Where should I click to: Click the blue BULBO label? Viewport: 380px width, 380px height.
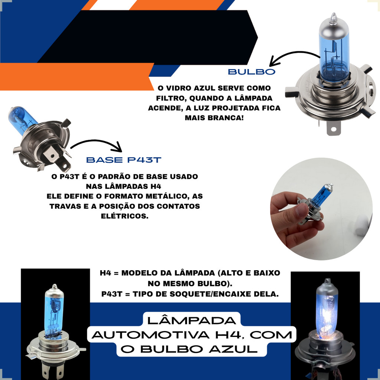252,72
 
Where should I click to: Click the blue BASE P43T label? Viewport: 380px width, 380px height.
124,160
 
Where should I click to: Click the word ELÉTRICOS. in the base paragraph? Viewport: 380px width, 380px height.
125,216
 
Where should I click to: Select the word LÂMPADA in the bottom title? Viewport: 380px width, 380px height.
191,320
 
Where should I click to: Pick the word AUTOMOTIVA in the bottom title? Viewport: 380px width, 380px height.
151,335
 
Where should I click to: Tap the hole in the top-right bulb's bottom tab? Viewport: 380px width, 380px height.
334,129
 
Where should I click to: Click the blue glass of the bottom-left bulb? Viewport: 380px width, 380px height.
54,312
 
